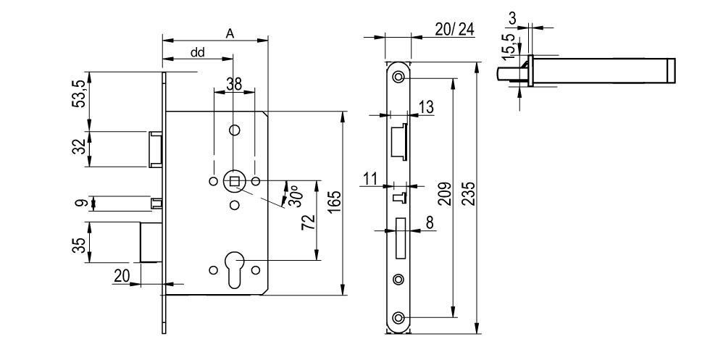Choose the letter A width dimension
pyautogui.click(x=230, y=33)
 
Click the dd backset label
pyautogui.click(x=197, y=52)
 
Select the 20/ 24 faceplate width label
pyautogui.click(x=454, y=28)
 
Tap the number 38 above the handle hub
pyautogui.click(x=234, y=84)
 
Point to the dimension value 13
pyautogui.click(x=427, y=107)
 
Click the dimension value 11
pyautogui.click(x=371, y=178)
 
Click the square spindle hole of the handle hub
pyautogui.click(x=234, y=180)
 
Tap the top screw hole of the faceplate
pyautogui.click(x=398, y=77)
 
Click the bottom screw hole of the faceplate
pyautogui.click(x=398, y=318)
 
